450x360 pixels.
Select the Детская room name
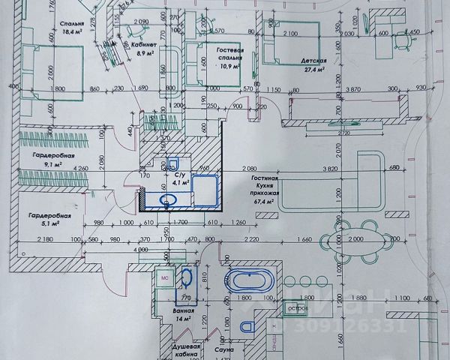click(x=316, y=61)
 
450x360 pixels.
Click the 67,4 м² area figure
click(x=265, y=201)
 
